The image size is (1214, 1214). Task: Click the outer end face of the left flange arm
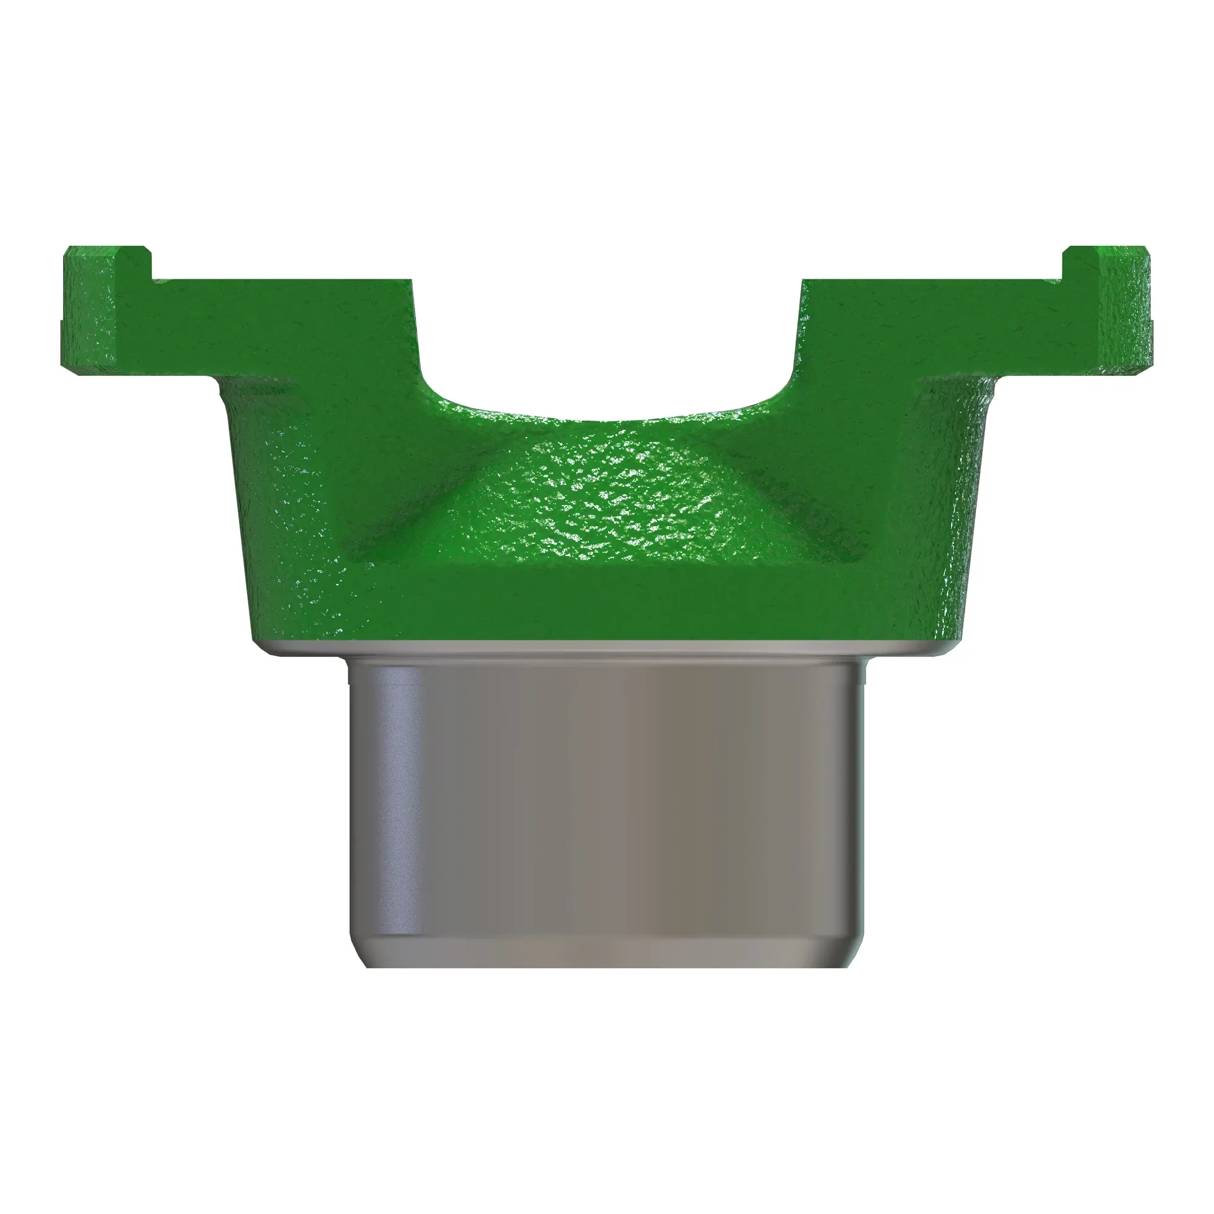click(69, 314)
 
